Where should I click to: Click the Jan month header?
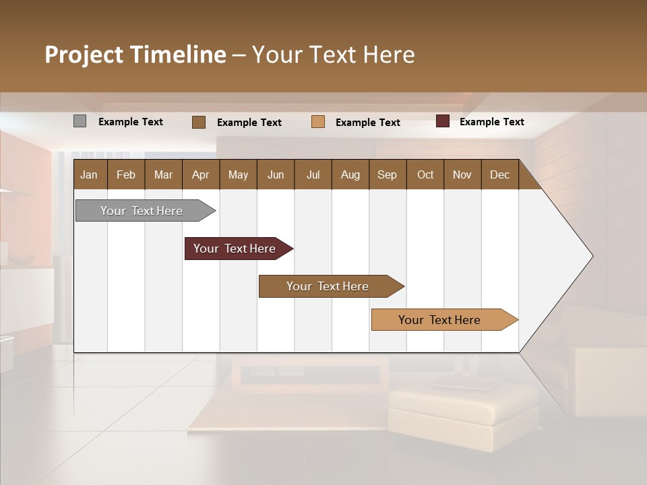pyautogui.click(x=89, y=174)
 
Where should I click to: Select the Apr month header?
pyautogui.click(x=200, y=174)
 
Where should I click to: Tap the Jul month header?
pyautogui.click(x=313, y=174)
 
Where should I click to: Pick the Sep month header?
pyautogui.click(x=387, y=174)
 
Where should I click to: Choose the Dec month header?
pyautogui.click(x=499, y=174)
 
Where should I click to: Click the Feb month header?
pyautogui.click(x=126, y=174)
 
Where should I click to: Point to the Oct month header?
pyautogui.click(x=425, y=174)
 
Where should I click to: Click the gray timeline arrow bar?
pyautogui.click(x=142, y=211)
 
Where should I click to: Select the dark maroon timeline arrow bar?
pyautogui.click(x=235, y=249)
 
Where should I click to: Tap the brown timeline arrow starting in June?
pyautogui.click(x=328, y=286)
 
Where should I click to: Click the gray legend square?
pyautogui.click(x=80, y=121)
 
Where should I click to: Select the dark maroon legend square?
pyautogui.click(x=442, y=121)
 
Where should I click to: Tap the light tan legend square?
pyautogui.click(x=318, y=122)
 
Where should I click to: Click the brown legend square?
pyautogui.click(x=198, y=122)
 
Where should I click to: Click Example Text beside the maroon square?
pyautogui.click(x=491, y=122)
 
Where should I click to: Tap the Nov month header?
pyautogui.click(x=462, y=174)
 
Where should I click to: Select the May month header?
pyautogui.click(x=238, y=174)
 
